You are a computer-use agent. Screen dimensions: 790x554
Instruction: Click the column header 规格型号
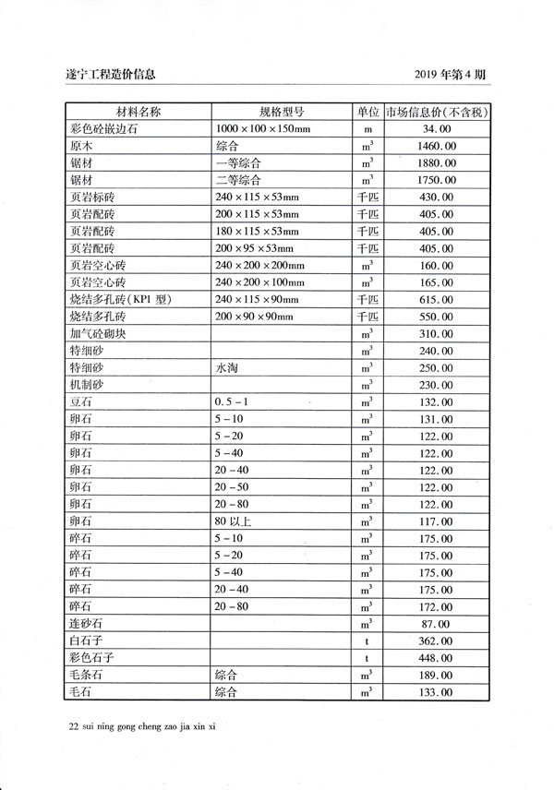[x=282, y=113]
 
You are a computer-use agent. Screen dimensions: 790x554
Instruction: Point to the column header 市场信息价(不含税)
[x=438, y=113]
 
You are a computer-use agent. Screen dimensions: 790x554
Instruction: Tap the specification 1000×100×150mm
[x=262, y=129]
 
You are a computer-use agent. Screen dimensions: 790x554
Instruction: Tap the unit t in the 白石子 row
[x=367, y=640]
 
